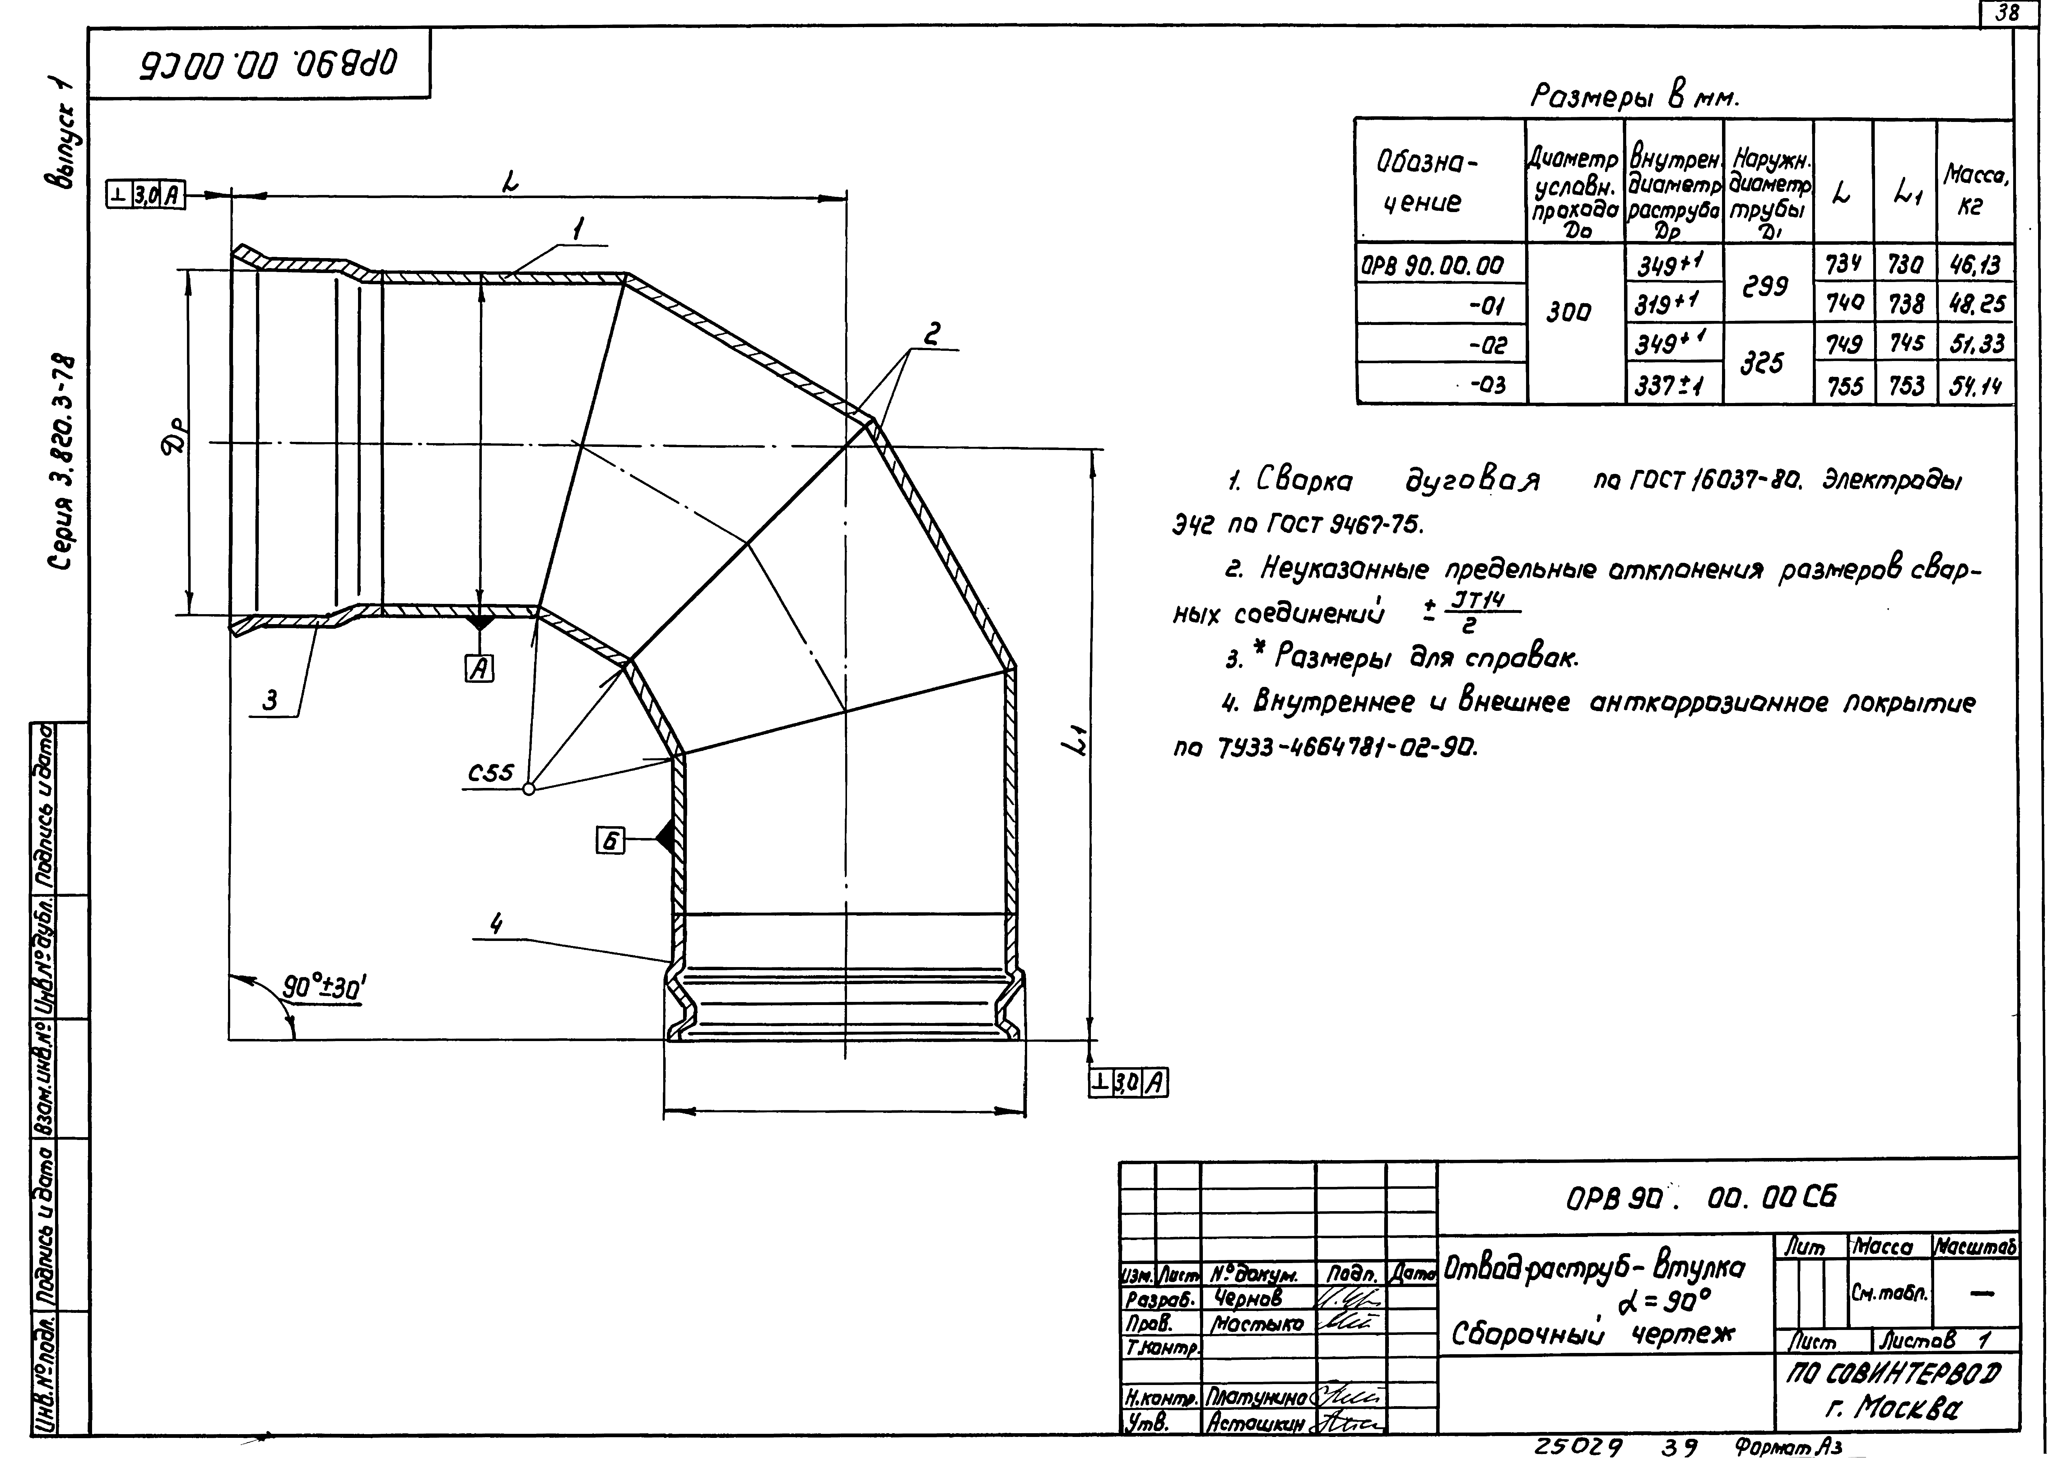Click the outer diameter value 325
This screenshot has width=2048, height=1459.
tap(1762, 363)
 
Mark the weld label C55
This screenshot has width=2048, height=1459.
tap(491, 773)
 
